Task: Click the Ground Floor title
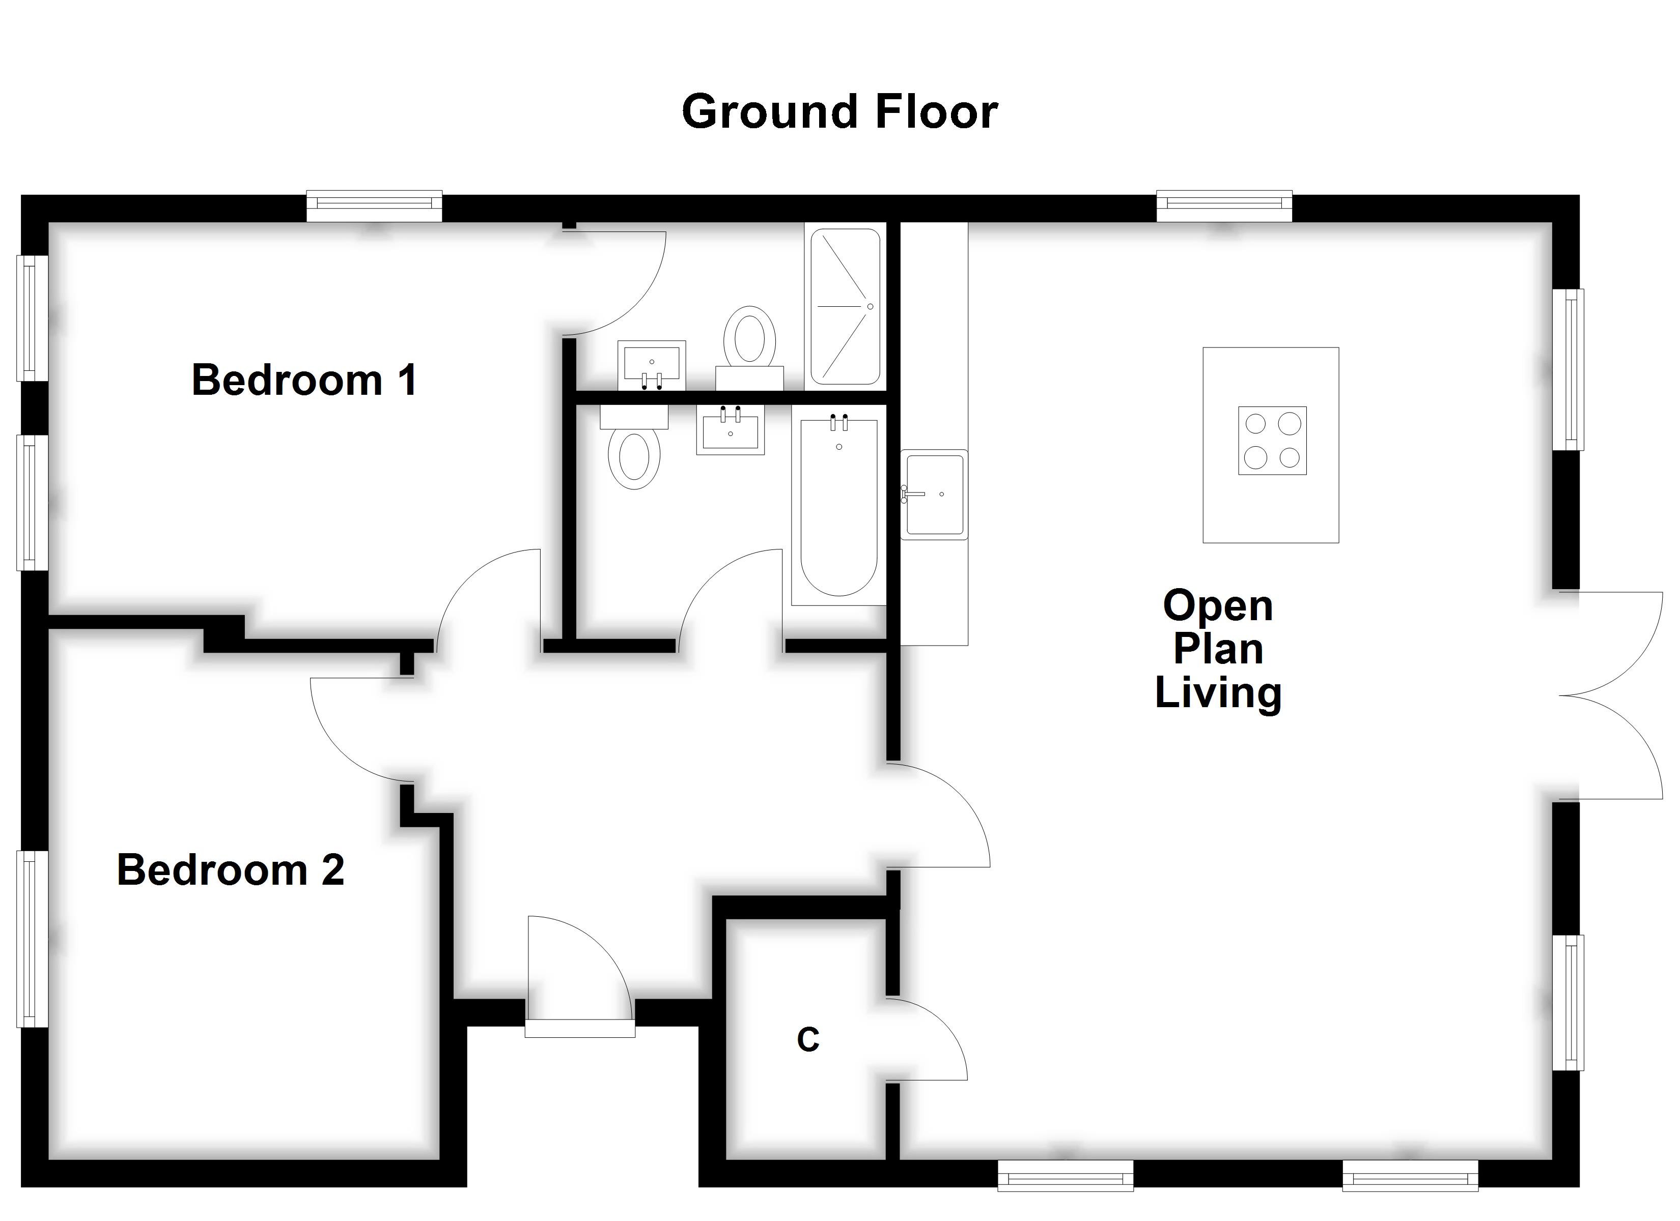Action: point(839,112)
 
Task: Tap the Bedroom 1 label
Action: point(304,380)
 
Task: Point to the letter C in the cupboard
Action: point(807,1040)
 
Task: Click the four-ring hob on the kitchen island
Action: point(1272,441)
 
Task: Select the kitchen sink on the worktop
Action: point(934,494)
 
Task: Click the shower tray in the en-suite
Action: point(845,307)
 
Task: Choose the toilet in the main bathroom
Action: point(634,453)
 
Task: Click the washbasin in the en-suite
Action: point(651,364)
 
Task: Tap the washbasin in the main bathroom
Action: point(730,431)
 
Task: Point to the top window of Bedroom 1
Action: point(374,206)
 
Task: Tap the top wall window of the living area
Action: point(1224,206)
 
